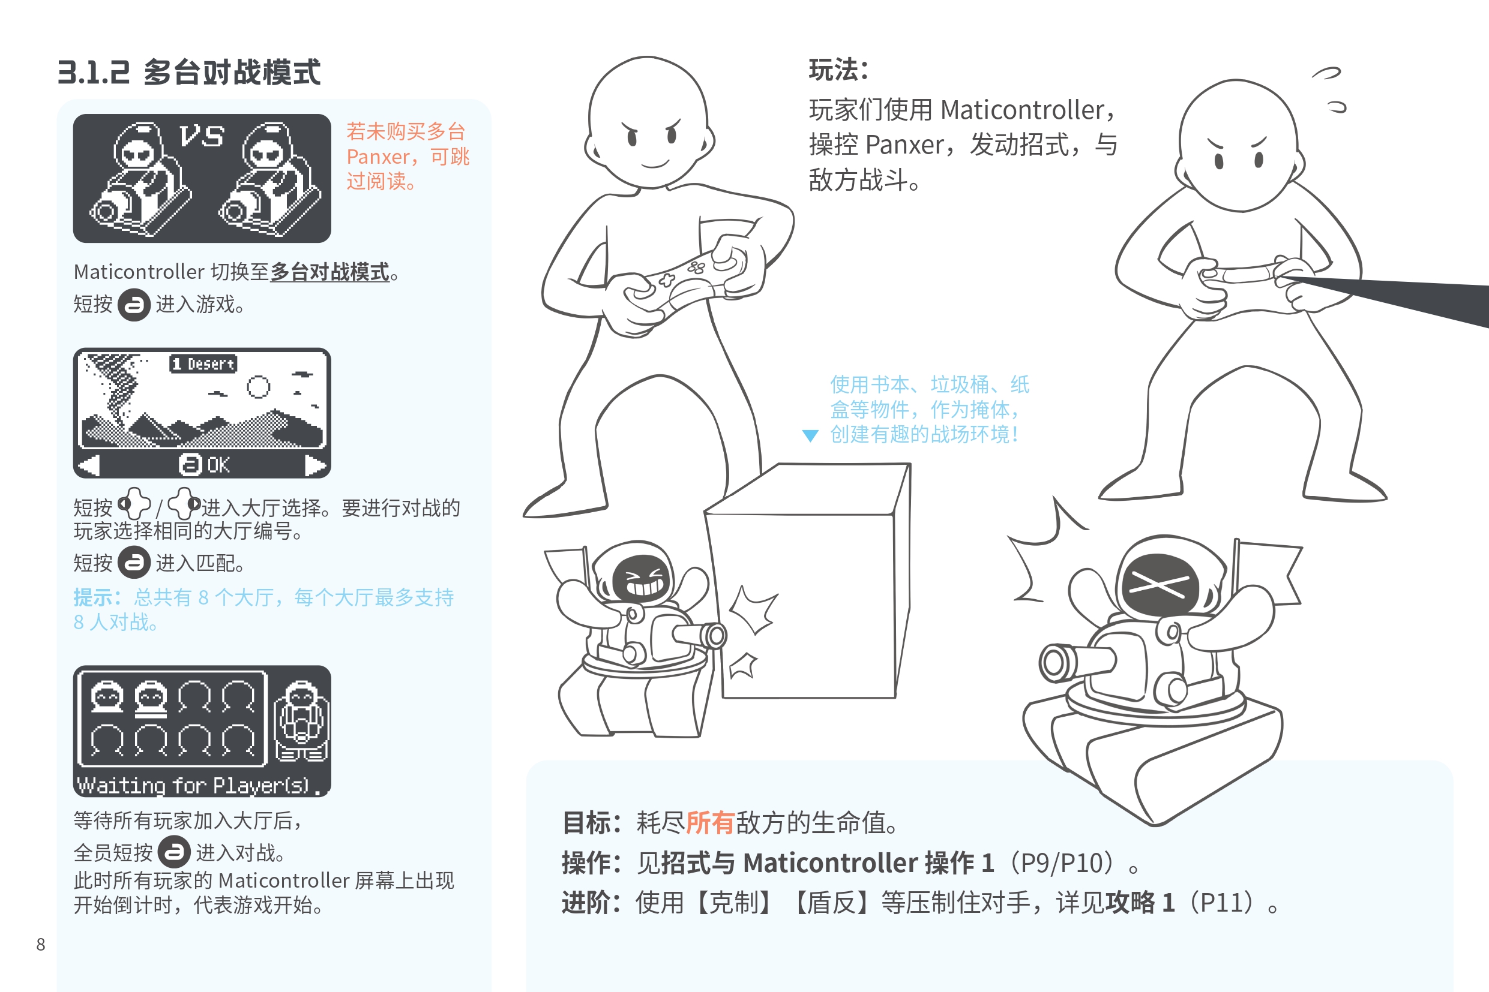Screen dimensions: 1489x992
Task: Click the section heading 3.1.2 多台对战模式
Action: pos(188,72)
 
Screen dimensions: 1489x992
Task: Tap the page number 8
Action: pos(41,945)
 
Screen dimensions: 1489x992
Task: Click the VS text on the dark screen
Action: pos(201,136)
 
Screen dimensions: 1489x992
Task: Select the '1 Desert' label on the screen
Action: pos(203,364)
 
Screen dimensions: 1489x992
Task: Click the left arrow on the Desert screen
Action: pos(89,465)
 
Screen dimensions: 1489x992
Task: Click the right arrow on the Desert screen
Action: pos(315,465)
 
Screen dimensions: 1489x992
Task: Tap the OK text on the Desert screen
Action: pos(218,465)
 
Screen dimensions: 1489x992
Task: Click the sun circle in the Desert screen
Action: pos(258,387)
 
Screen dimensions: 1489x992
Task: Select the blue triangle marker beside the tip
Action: pos(810,435)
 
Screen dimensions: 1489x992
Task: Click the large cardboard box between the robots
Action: pos(808,581)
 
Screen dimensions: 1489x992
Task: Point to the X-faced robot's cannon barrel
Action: pos(1077,662)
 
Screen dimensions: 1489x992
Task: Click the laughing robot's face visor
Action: pos(642,578)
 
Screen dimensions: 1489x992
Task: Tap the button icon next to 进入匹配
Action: pos(134,563)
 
